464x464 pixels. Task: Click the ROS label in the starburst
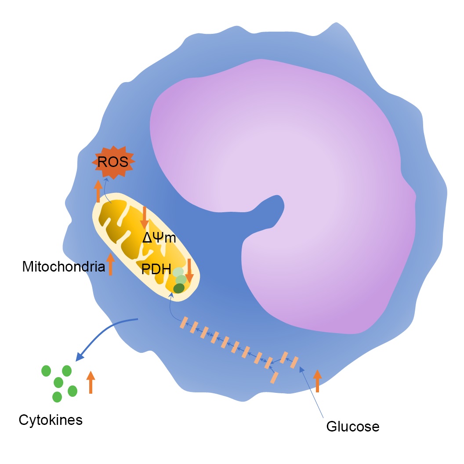tap(113, 162)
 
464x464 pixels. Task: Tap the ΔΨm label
tap(159, 238)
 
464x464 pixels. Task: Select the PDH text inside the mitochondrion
tap(156, 269)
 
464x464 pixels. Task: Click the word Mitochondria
tap(64, 267)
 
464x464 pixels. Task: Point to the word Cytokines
tap(51, 420)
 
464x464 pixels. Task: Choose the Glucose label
tap(353, 426)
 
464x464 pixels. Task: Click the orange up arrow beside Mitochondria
tap(110, 264)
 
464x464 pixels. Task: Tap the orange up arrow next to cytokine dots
tap(91, 382)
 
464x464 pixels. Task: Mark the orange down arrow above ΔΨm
tap(145, 218)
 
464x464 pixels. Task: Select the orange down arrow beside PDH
tap(189, 271)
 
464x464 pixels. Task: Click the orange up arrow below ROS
tap(98, 191)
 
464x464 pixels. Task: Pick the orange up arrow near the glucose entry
tap(318, 381)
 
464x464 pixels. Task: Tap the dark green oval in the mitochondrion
tap(179, 288)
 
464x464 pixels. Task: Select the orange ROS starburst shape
tap(113, 162)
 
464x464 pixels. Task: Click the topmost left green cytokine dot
tap(46, 371)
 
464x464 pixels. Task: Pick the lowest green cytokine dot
tap(57, 397)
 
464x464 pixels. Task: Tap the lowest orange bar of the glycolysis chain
tap(274, 377)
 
